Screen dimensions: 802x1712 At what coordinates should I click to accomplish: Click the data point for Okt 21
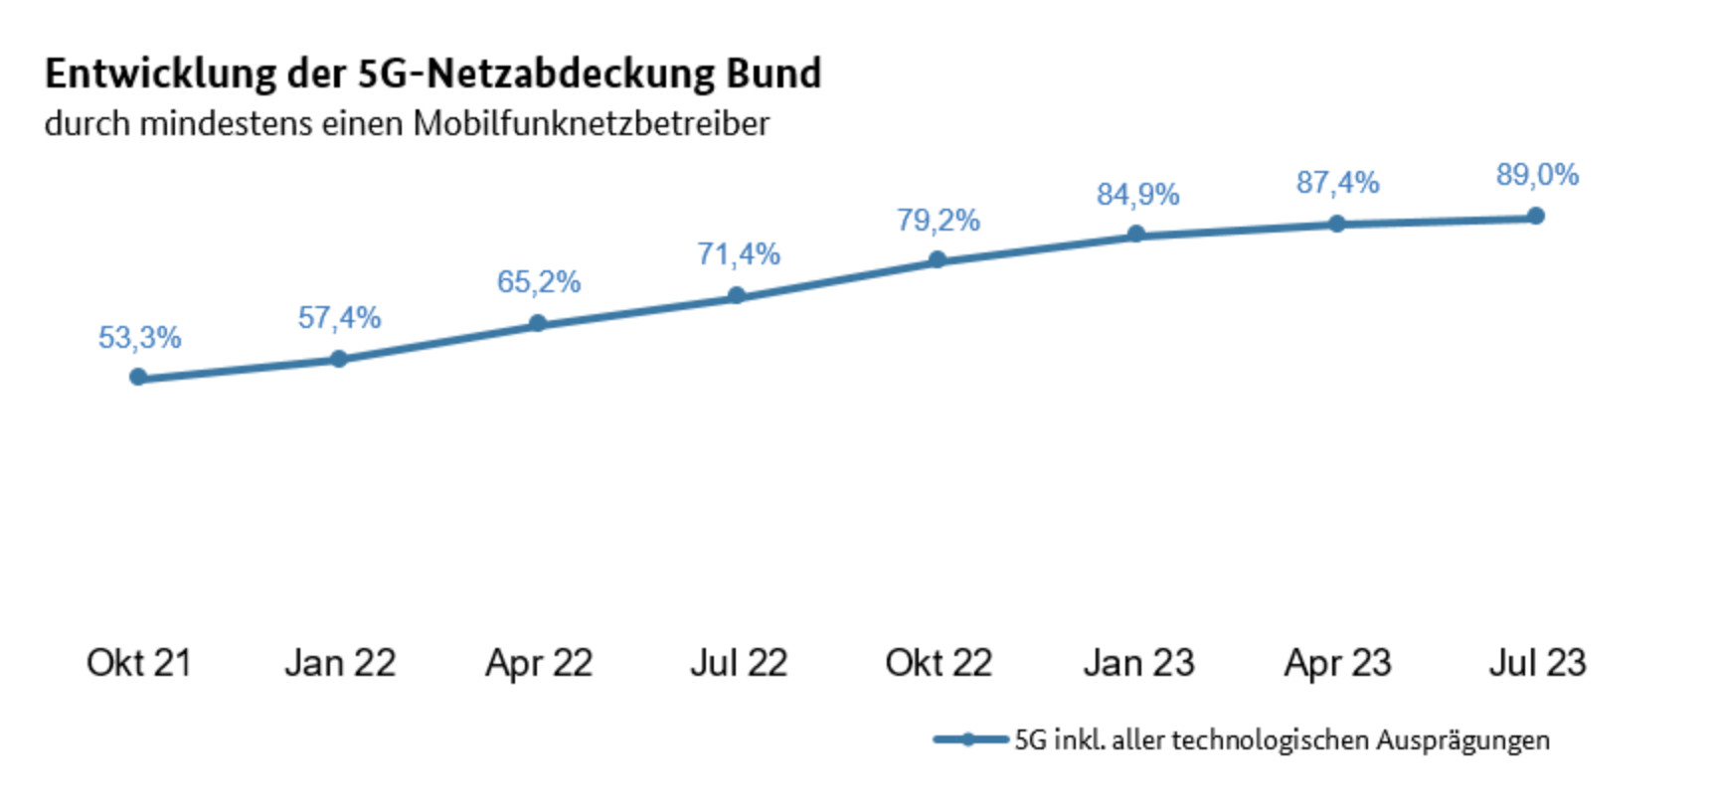(x=138, y=377)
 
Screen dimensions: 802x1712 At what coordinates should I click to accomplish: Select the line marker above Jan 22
(x=338, y=358)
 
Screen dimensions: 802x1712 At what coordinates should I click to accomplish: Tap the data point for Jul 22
(x=736, y=295)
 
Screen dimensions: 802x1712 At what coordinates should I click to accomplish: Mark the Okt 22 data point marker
(x=937, y=259)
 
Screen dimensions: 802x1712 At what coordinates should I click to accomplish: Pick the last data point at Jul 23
(x=1535, y=216)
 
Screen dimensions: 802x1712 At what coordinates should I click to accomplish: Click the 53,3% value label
(x=139, y=338)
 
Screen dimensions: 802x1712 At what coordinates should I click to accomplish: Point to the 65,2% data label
(x=538, y=282)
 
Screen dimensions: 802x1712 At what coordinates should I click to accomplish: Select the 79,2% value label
(x=938, y=220)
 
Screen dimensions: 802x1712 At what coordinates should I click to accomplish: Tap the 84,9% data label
(x=1137, y=194)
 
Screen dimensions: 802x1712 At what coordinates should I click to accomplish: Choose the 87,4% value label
(x=1337, y=183)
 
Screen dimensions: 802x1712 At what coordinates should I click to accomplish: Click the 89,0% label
(x=1537, y=175)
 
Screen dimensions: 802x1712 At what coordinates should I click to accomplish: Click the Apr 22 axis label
(x=538, y=663)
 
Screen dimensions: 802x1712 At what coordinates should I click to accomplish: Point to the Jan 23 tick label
(x=1138, y=663)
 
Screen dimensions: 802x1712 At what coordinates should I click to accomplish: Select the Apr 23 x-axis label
(x=1337, y=663)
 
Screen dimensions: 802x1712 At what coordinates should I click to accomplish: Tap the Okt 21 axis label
(x=138, y=663)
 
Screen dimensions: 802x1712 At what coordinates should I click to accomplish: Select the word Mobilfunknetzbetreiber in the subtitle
(x=591, y=124)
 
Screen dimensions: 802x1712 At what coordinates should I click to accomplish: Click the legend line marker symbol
(x=969, y=739)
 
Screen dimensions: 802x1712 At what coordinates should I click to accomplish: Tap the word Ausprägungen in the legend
(x=1462, y=740)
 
